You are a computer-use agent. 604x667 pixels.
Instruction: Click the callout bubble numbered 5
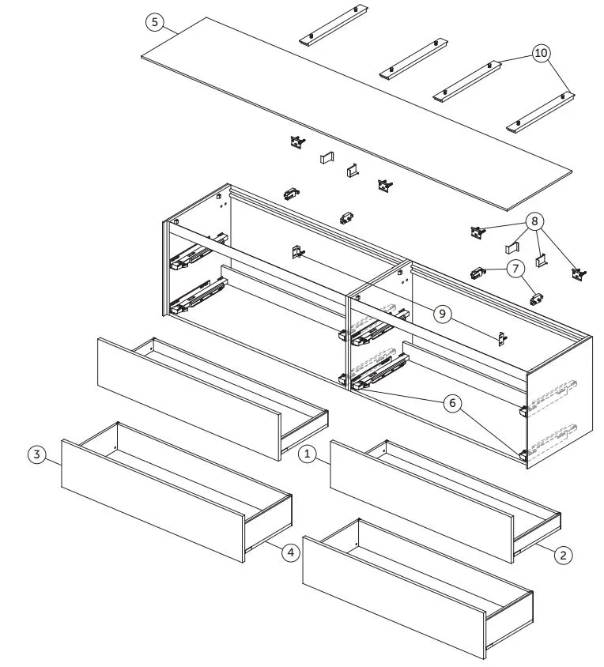[x=155, y=22]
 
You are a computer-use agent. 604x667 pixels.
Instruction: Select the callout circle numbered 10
[x=542, y=53]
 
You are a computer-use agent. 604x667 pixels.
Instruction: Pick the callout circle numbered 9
[x=443, y=315]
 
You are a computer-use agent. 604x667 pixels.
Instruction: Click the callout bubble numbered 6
[x=452, y=403]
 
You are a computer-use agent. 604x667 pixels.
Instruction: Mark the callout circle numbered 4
[x=292, y=552]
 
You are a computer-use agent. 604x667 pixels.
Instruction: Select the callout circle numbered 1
[x=306, y=454]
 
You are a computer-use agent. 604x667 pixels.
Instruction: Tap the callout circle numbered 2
[x=562, y=556]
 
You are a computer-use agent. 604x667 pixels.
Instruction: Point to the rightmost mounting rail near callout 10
[x=541, y=112]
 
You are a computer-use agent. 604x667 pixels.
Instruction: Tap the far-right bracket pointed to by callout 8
[x=579, y=273]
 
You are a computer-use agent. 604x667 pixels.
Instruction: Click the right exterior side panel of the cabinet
[x=558, y=403]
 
